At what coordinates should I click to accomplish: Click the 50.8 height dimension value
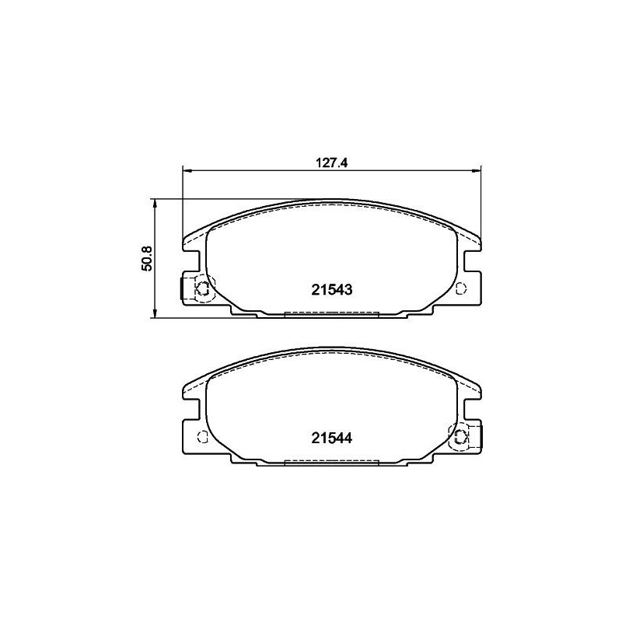pyautogui.click(x=145, y=258)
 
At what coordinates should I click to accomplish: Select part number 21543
pyautogui.click(x=332, y=289)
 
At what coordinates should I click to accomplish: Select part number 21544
pyautogui.click(x=332, y=437)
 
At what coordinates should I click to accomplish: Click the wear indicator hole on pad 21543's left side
pyautogui.click(x=202, y=288)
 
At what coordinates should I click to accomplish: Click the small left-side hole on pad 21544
pyautogui.click(x=202, y=435)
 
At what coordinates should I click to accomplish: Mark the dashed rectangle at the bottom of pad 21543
pyautogui.click(x=332, y=314)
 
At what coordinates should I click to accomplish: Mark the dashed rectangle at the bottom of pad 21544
pyautogui.click(x=332, y=462)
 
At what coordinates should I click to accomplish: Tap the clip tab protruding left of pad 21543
pyautogui.click(x=184, y=288)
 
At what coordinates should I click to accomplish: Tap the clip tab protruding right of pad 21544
pyautogui.click(x=478, y=435)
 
